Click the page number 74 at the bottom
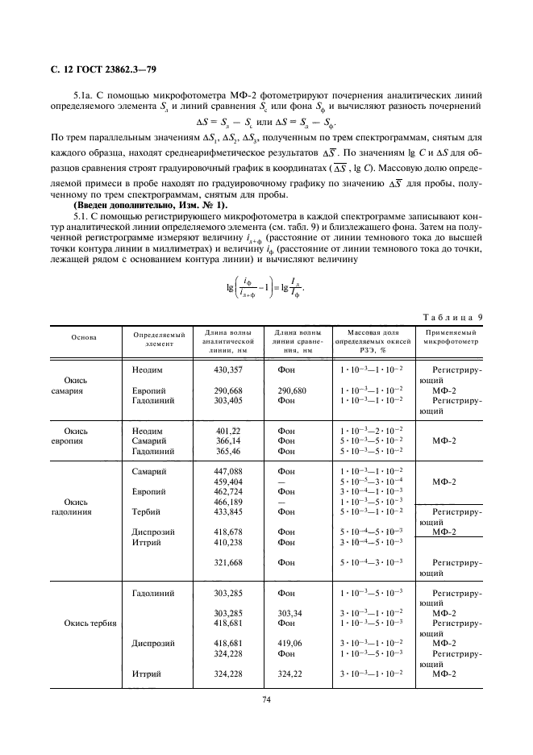point(266,699)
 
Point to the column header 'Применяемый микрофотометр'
point(450,336)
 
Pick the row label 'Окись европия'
point(84,436)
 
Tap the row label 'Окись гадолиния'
point(84,506)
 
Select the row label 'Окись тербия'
point(90,624)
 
